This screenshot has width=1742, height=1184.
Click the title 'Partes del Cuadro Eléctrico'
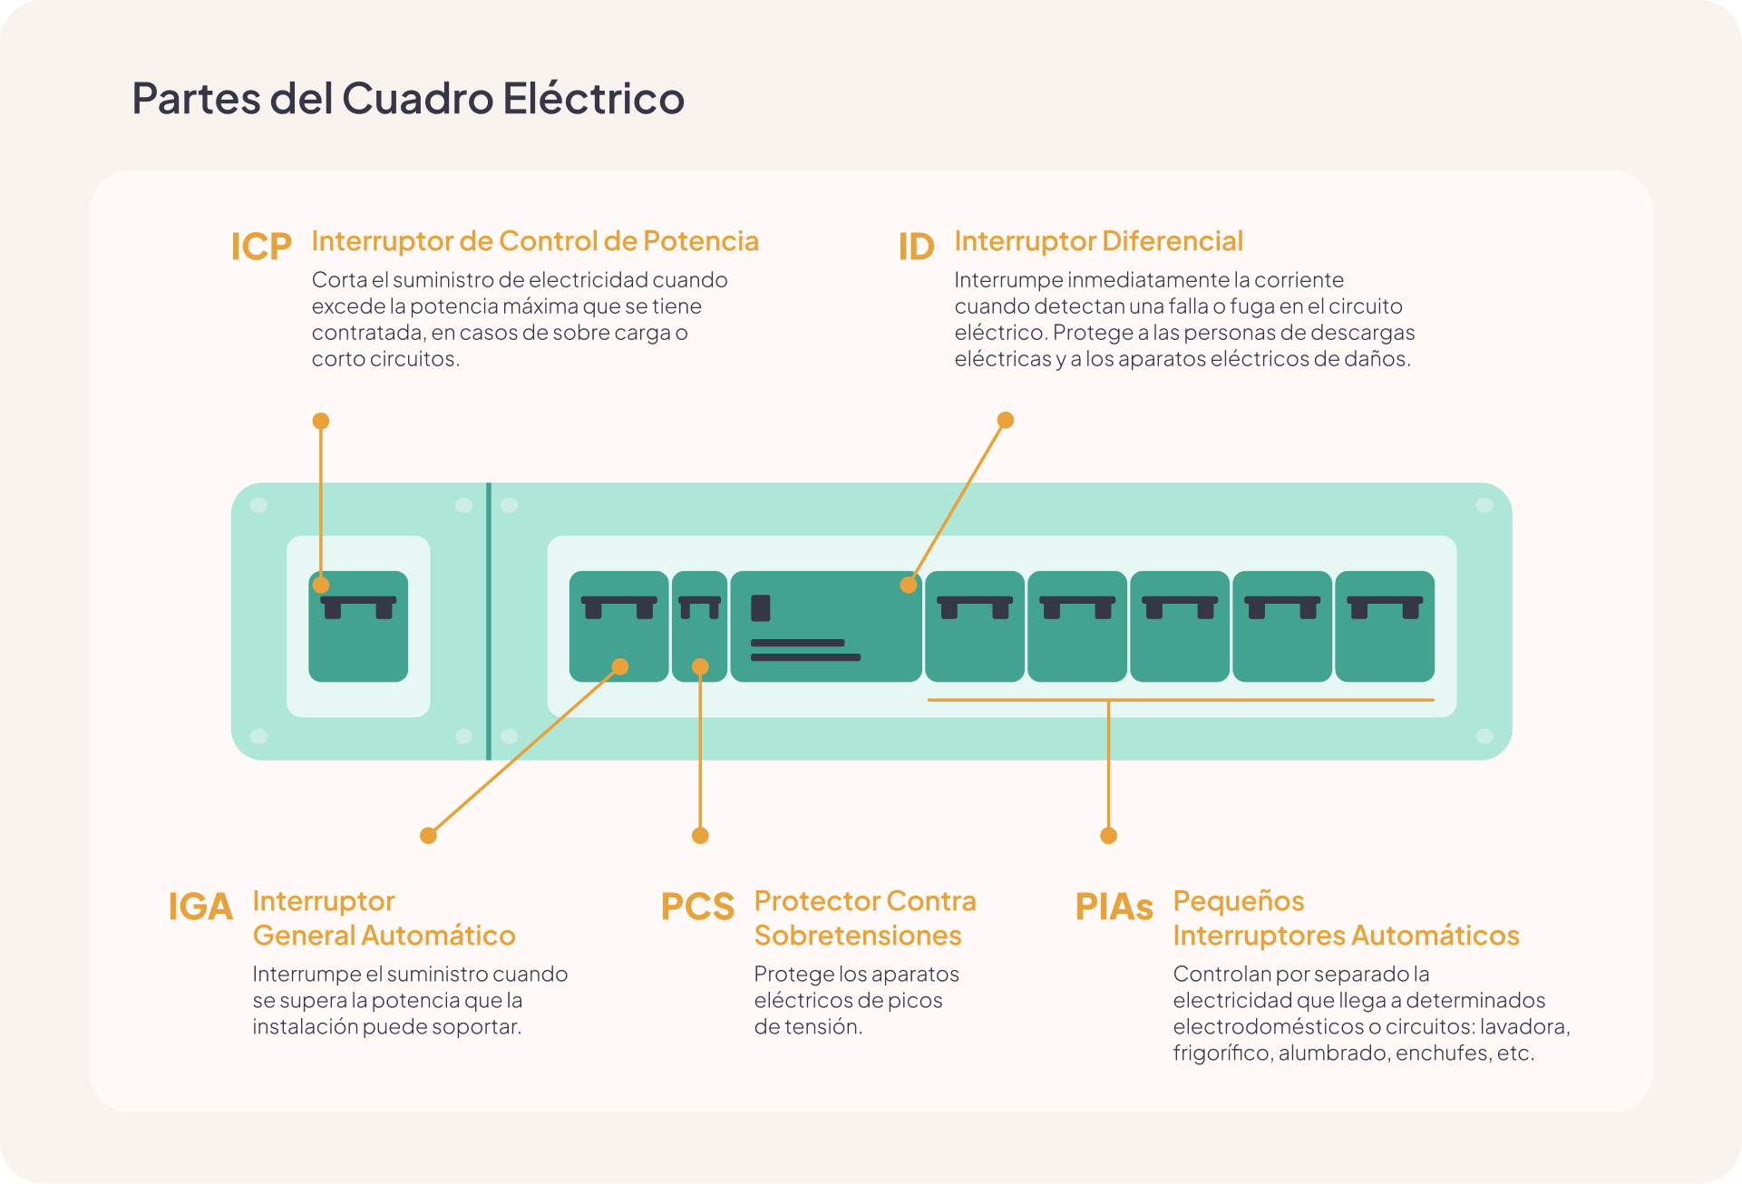click(x=408, y=98)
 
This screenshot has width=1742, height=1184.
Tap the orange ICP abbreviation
click(x=261, y=247)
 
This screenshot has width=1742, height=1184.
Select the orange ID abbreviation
click(x=916, y=247)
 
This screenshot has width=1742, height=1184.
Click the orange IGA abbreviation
click(x=200, y=907)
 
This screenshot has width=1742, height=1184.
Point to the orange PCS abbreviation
click(x=697, y=907)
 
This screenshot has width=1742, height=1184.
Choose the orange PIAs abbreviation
click(x=1114, y=907)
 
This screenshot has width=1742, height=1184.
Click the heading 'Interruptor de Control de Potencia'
click(x=535, y=241)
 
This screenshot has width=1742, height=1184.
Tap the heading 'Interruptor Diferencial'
click(x=1098, y=241)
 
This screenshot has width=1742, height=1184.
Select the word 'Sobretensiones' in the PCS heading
click(x=858, y=936)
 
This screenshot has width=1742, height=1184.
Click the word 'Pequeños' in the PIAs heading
click(x=1239, y=901)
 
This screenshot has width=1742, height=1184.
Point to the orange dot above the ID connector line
click(x=1005, y=420)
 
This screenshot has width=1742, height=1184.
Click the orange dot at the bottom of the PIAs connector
click(x=1108, y=835)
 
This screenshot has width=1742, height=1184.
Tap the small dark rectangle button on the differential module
click(x=761, y=607)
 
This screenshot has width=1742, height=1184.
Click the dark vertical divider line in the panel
click(x=489, y=621)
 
